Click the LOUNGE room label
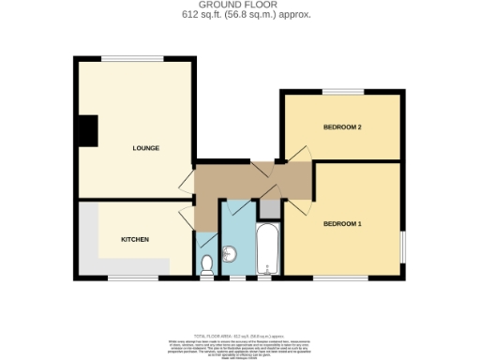(x=145, y=148)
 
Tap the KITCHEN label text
(x=135, y=239)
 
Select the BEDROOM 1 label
(x=342, y=223)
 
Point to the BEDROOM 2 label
(x=342, y=127)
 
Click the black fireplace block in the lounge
(x=88, y=130)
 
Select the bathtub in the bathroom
(x=267, y=248)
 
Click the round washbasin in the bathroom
(x=230, y=254)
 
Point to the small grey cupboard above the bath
(x=268, y=209)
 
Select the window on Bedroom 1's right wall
(x=404, y=247)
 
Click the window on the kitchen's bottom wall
(x=131, y=277)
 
